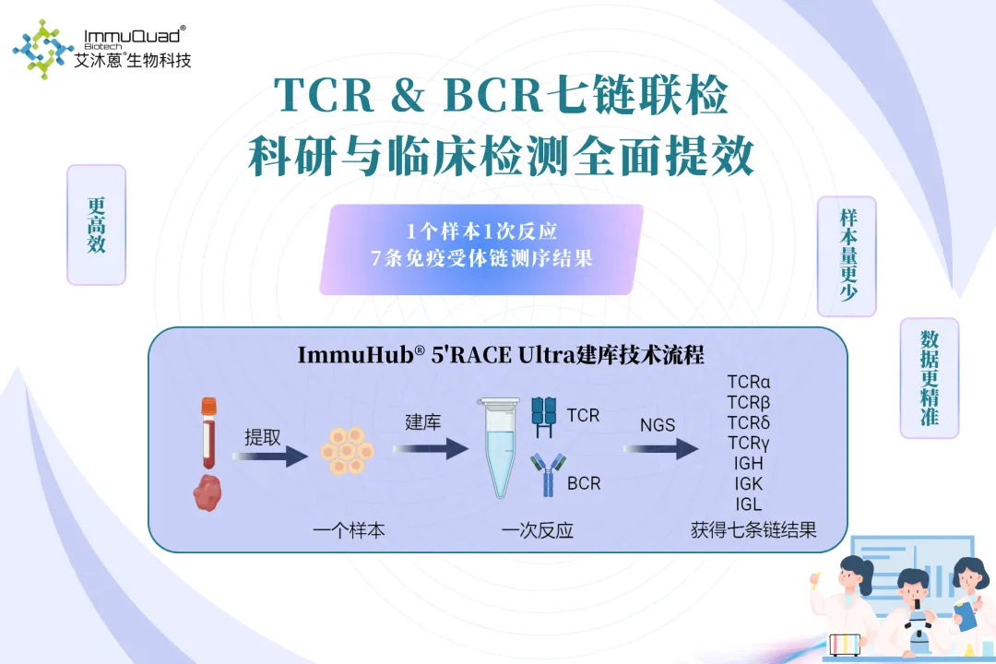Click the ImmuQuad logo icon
tap(43, 46)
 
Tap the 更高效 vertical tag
tap(96, 224)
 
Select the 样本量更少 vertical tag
tap(847, 256)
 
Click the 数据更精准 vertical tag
tap(929, 377)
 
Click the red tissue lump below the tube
tap(209, 492)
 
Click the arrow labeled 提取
tap(269, 455)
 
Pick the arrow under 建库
tap(431, 448)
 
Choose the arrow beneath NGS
tap(660, 449)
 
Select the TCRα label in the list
tap(748, 382)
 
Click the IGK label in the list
tap(748, 483)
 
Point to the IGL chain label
tap(748, 504)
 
